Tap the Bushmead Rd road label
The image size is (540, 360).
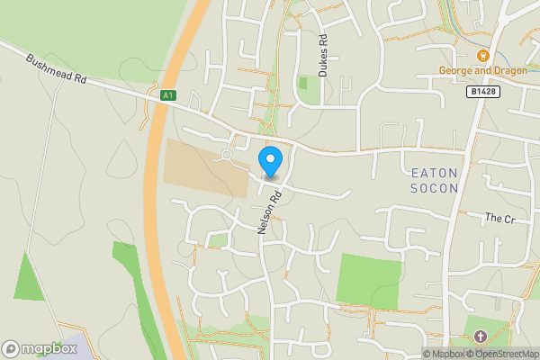(x=56, y=68)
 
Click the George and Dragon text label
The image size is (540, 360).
(x=481, y=71)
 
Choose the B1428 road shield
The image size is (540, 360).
(x=482, y=92)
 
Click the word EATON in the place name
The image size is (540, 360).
(x=435, y=172)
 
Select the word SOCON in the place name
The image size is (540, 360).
(x=435, y=188)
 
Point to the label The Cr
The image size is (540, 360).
(x=498, y=218)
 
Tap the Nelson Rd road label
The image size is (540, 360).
(x=270, y=212)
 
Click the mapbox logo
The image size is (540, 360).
(x=40, y=348)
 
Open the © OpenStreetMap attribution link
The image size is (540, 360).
(x=501, y=354)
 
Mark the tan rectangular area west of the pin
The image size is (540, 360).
(x=205, y=168)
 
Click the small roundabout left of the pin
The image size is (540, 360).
(x=226, y=155)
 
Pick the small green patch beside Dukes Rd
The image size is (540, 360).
(x=303, y=84)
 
